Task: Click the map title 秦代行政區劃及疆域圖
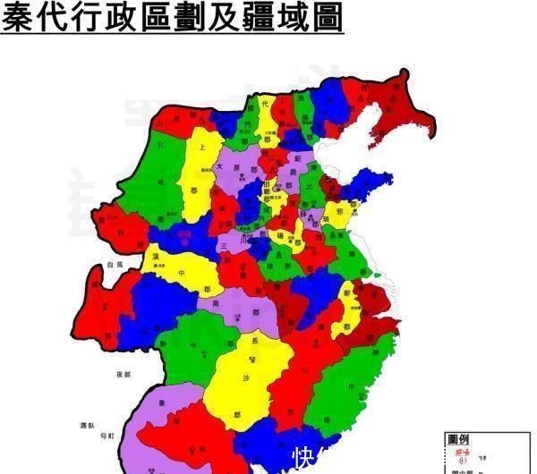pyautogui.click(x=172, y=18)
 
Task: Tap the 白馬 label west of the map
pyautogui.click(x=113, y=266)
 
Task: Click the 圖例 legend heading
pyautogui.click(x=459, y=439)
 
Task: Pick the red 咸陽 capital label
pyautogui.click(x=185, y=235)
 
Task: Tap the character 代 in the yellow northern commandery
pyautogui.click(x=265, y=106)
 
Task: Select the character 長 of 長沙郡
pyautogui.click(x=254, y=340)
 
